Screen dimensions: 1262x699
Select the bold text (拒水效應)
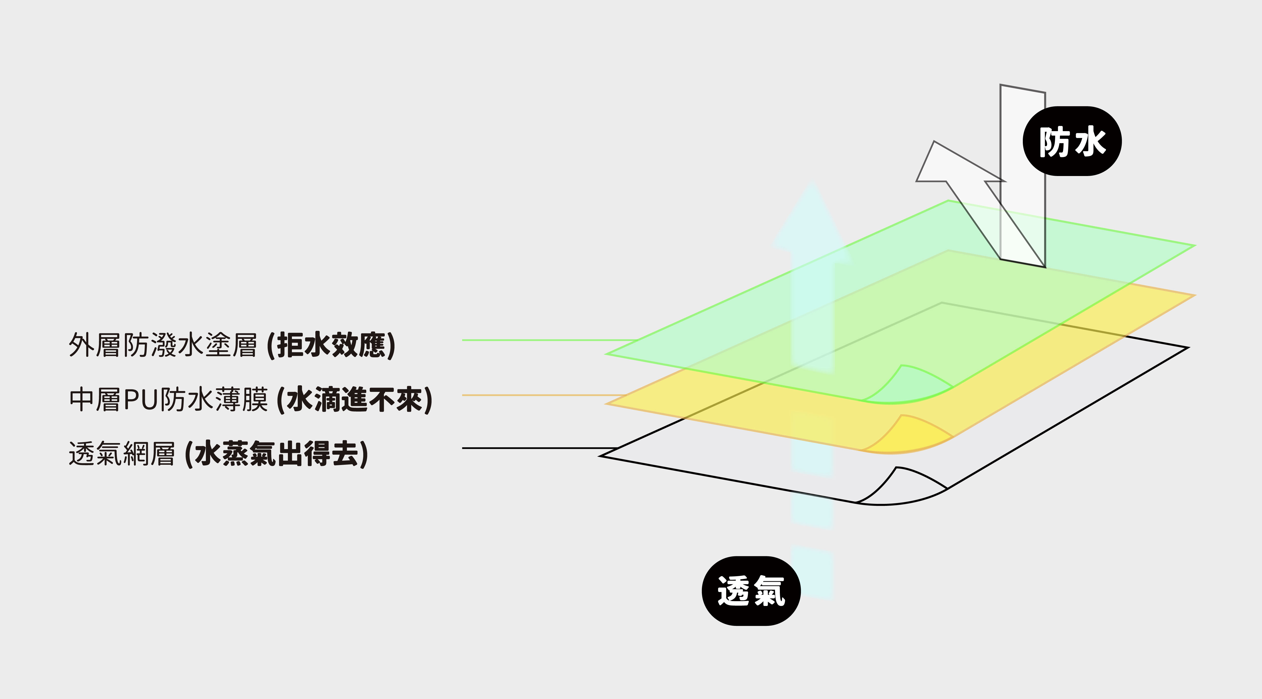[331, 345]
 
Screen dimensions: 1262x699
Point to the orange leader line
[539, 395]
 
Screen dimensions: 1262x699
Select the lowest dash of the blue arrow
[812, 573]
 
